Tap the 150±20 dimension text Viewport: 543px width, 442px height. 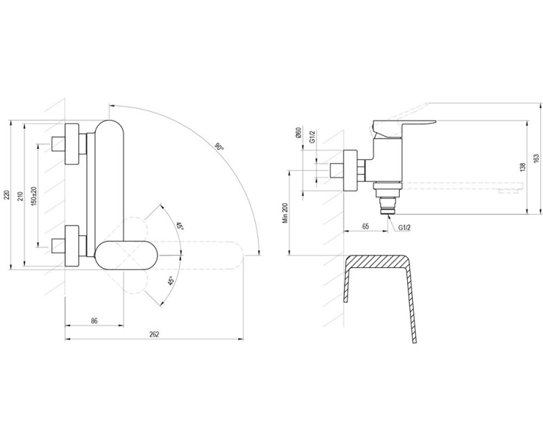coord(34,196)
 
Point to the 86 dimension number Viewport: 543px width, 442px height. coord(94,320)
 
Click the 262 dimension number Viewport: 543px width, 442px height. coord(154,334)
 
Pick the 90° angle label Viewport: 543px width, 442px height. coord(219,147)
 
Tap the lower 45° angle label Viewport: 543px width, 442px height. coord(171,281)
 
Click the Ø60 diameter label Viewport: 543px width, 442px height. coord(299,133)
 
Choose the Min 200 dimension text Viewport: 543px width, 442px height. coord(285,213)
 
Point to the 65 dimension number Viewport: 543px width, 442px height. coord(366,226)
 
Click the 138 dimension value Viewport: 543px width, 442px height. coord(523,167)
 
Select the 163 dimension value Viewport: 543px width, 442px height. coord(536,158)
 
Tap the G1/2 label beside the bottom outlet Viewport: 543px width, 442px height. coord(404,228)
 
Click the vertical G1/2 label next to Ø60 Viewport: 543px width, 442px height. coord(312,137)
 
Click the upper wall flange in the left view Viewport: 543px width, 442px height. coord(72,143)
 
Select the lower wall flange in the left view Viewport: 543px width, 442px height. coord(72,246)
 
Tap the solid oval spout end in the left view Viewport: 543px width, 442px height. coord(126,255)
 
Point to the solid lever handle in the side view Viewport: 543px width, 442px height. coord(404,128)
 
